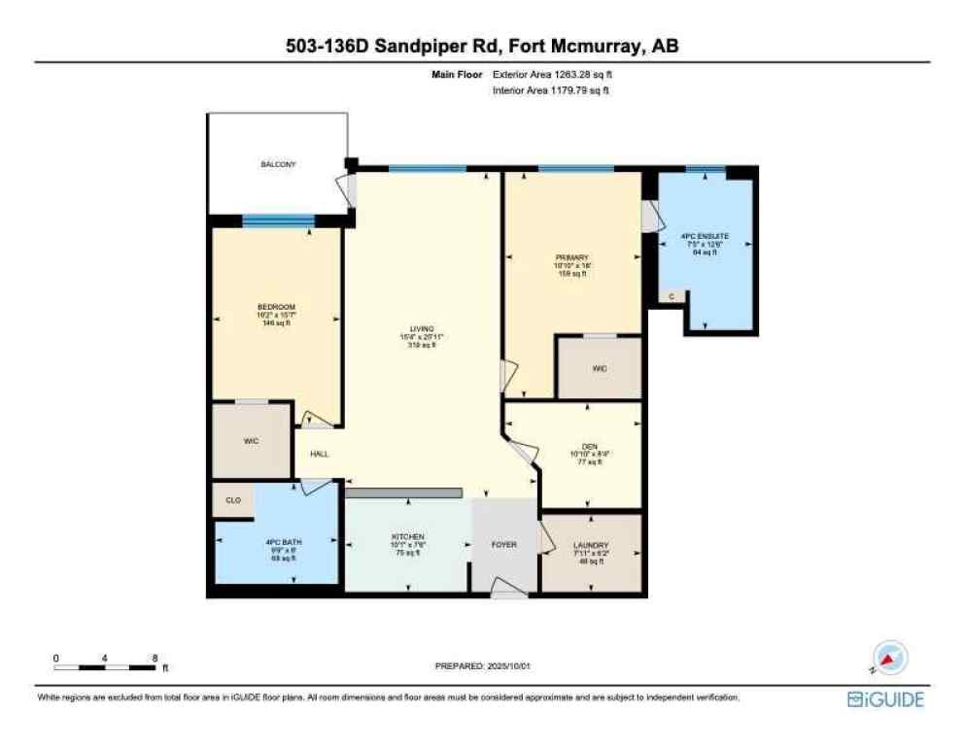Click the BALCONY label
278,164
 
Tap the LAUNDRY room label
591,546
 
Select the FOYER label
503,544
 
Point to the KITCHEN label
408,536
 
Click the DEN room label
591,447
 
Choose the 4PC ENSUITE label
706,236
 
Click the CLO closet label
233,500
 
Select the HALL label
320,454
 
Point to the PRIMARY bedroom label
572,257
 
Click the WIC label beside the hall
251,441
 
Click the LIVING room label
422,329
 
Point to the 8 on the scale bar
156,658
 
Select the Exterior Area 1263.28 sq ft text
551,74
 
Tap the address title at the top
482,46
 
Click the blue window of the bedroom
278,220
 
